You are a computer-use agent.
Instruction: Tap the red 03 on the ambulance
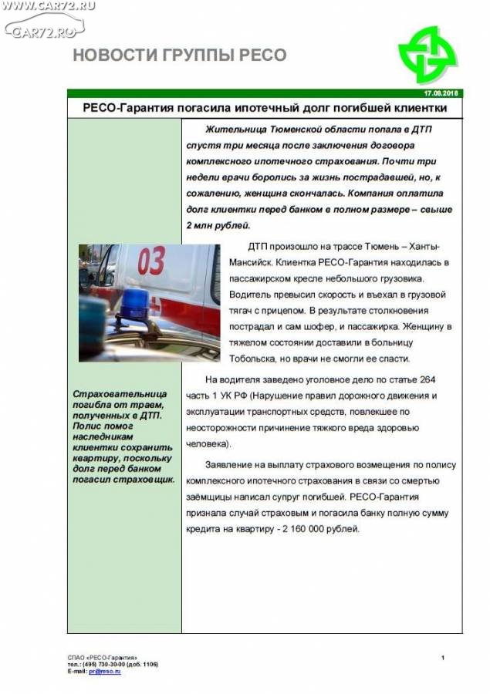pyautogui.click(x=151, y=261)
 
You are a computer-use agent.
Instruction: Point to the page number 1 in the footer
pyautogui.click(x=443, y=657)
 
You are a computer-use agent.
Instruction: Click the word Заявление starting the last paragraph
pyautogui.click(x=231, y=465)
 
